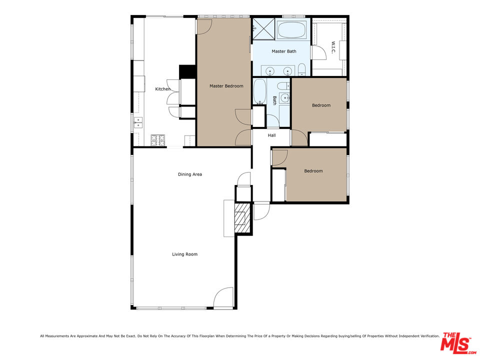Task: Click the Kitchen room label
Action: click(x=162, y=89)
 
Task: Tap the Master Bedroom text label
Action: click(x=226, y=86)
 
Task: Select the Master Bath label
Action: click(x=283, y=51)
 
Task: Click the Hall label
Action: click(x=271, y=135)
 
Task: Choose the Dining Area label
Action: click(x=189, y=174)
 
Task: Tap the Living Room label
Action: click(x=184, y=254)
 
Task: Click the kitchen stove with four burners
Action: click(x=158, y=140)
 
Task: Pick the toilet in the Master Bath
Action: click(x=302, y=69)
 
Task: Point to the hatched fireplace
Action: click(x=242, y=218)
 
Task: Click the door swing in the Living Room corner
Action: click(x=224, y=298)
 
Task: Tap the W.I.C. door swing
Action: click(x=317, y=52)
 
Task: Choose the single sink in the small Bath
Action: click(x=284, y=97)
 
